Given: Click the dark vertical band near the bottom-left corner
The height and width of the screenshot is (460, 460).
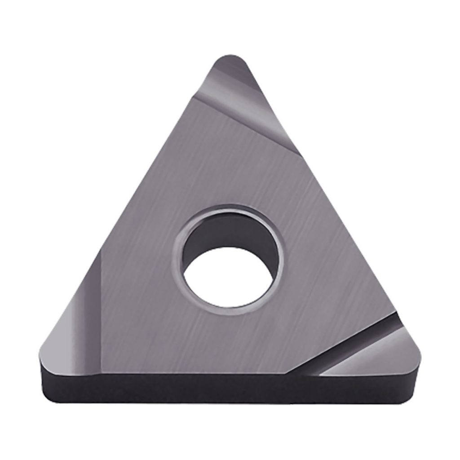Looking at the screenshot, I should tap(97, 305).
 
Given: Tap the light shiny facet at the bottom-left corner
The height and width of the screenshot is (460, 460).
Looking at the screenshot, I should tap(67, 332).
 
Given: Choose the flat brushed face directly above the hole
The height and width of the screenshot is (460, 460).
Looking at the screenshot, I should tap(229, 171).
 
